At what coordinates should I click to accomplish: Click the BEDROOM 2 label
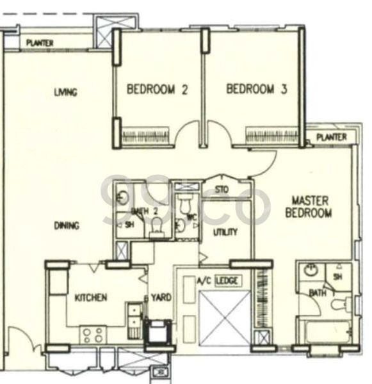[157, 90]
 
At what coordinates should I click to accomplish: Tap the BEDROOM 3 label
[256, 90]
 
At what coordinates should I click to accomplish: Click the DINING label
[66, 225]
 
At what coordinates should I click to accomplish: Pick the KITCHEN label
[90, 298]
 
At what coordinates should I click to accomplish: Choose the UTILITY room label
[225, 232]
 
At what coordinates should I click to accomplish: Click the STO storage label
[222, 189]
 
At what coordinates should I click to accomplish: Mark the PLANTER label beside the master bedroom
[331, 138]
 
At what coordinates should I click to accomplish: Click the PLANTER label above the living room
[40, 44]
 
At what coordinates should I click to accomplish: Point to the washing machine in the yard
[157, 332]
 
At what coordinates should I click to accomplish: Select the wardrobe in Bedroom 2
[145, 136]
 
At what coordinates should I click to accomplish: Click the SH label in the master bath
[337, 276]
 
